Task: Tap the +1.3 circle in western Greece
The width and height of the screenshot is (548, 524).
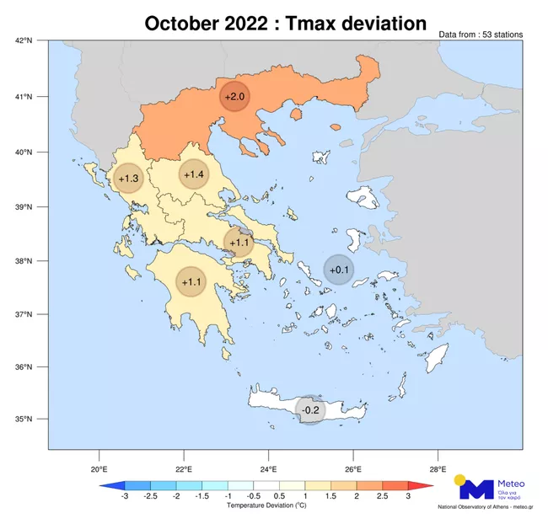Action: [129, 179]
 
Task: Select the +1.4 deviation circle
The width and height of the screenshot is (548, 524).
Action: [193, 174]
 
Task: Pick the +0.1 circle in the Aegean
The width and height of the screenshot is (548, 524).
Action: [339, 270]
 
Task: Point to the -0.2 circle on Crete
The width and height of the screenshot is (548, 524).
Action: [311, 410]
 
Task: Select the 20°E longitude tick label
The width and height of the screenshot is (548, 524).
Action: [99, 468]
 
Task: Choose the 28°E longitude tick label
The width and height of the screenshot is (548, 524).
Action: [437, 468]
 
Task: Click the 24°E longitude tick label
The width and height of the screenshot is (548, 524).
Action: [268, 468]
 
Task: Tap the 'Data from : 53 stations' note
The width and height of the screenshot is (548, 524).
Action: [481, 35]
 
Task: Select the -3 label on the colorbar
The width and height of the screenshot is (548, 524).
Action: [125, 497]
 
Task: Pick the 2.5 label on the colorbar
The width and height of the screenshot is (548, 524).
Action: [382, 497]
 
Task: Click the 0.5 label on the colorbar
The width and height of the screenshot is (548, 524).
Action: [279, 497]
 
